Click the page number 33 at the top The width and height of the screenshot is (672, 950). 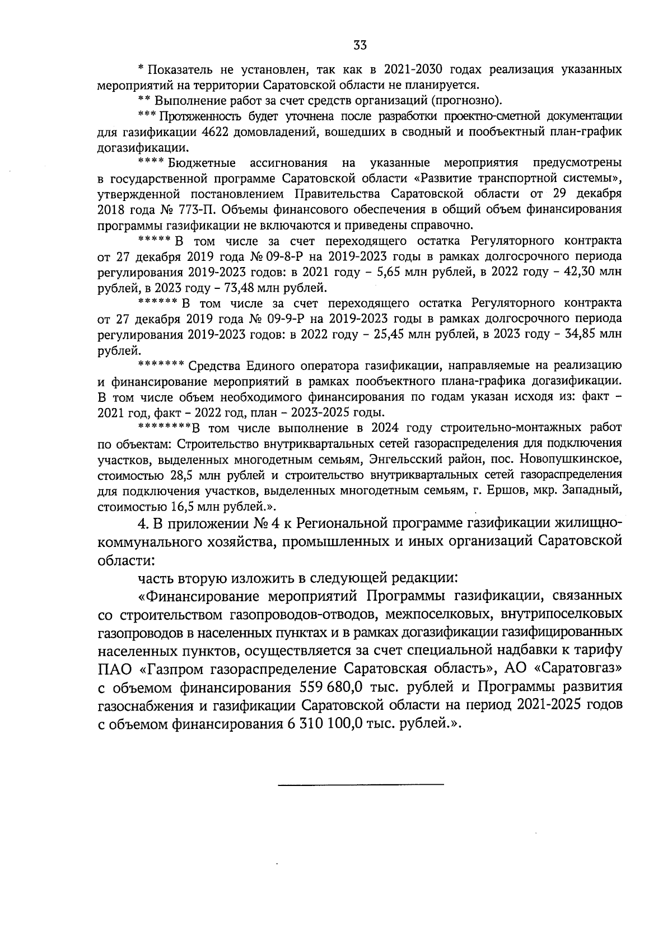click(360, 45)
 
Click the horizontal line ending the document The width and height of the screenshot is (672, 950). click(361, 784)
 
